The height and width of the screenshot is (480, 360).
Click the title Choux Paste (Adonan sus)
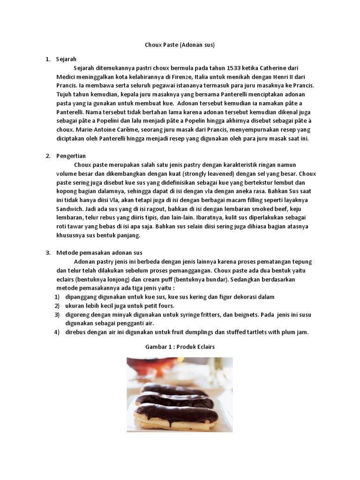(x=180, y=45)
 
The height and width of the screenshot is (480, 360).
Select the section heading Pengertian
(x=70, y=156)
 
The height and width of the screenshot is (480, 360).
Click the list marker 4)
(x=57, y=332)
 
